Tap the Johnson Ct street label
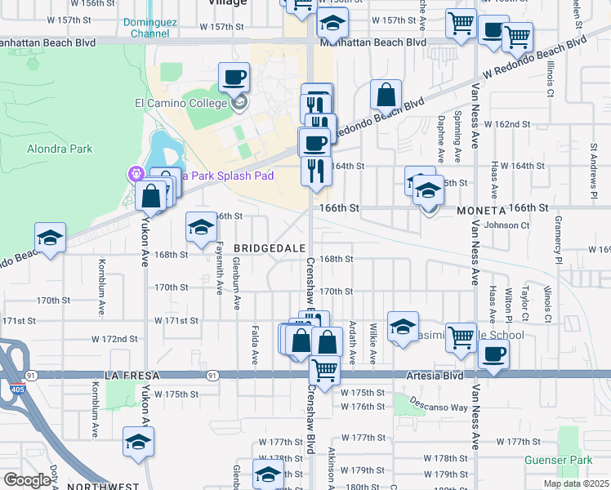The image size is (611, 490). pyautogui.click(x=502, y=225)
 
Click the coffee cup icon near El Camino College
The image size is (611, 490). pyautogui.click(x=234, y=78)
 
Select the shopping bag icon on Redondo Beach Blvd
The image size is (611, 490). pyautogui.click(x=386, y=94)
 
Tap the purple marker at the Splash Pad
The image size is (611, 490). pyautogui.click(x=135, y=173)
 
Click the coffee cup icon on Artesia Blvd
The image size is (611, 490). pyautogui.click(x=494, y=354)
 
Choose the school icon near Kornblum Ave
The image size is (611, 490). pyautogui.click(x=50, y=238)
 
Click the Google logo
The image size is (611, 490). pyautogui.click(x=27, y=480)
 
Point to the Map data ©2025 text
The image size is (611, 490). pyautogui.click(x=576, y=483)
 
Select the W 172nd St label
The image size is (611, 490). pyautogui.click(x=114, y=338)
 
